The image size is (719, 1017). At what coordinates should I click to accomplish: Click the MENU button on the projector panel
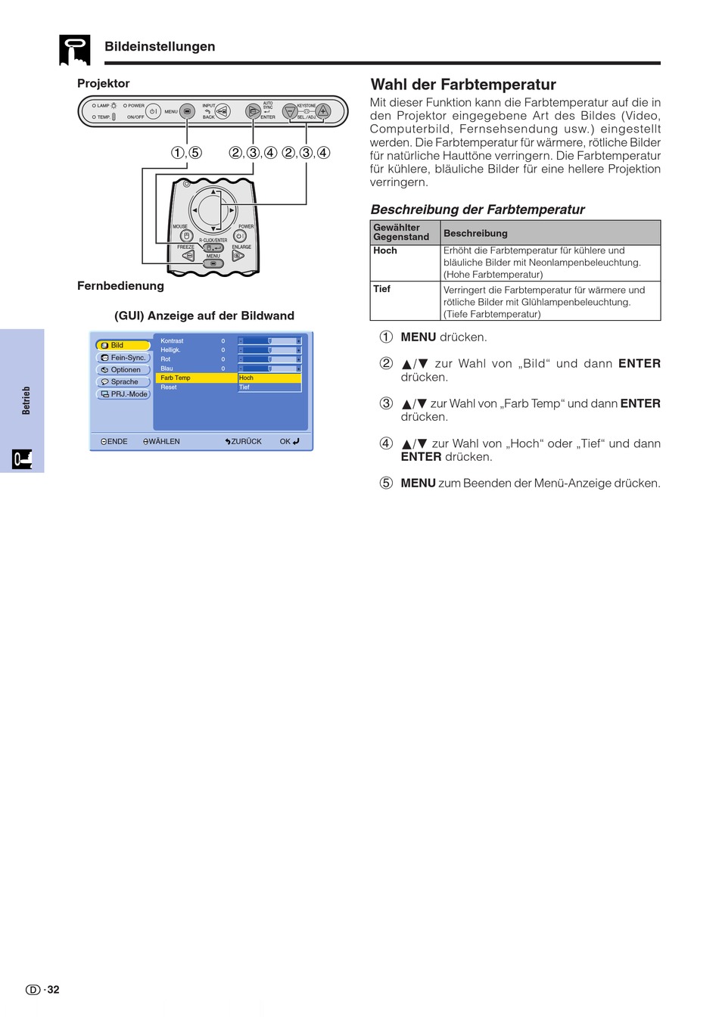point(187,112)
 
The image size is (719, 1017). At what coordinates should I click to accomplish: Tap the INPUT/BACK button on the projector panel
point(223,111)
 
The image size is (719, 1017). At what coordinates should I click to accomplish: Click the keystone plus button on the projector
point(323,111)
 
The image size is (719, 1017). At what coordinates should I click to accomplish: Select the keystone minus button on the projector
point(289,111)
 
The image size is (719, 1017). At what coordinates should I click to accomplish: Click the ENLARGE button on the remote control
point(238,256)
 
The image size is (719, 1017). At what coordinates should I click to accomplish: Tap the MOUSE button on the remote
point(185,236)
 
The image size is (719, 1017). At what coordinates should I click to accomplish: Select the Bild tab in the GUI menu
point(123,345)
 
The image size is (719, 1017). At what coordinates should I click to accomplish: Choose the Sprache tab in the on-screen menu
point(123,382)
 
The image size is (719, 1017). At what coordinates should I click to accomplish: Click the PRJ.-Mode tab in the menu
point(123,394)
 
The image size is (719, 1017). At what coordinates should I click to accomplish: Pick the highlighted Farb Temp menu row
point(196,378)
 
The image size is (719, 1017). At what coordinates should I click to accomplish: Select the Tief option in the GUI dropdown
point(269,387)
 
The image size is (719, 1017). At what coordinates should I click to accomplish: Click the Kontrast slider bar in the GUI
point(269,341)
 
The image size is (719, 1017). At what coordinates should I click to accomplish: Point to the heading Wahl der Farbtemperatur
point(463,85)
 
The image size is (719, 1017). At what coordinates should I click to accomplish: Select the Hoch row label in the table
point(385,250)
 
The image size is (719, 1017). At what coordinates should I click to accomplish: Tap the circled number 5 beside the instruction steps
point(386,483)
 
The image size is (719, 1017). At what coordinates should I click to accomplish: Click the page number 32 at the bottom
point(53,990)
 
